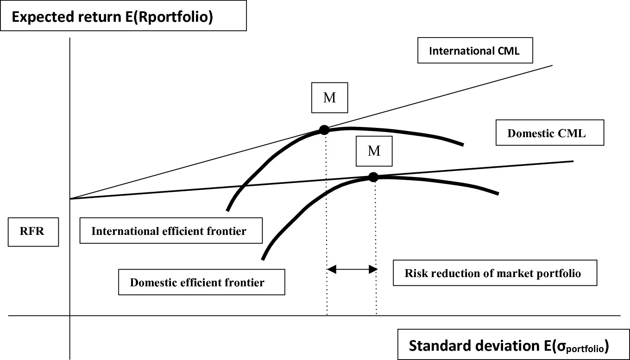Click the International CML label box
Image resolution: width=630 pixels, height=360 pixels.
[x=474, y=51]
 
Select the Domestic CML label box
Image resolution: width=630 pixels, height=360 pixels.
[x=549, y=133]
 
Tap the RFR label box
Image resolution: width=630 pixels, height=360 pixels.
[x=33, y=230]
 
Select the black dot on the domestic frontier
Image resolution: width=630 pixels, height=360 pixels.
[x=373, y=177]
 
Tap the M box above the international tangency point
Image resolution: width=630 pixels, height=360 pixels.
[x=330, y=99]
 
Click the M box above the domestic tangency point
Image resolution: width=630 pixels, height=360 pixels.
[x=374, y=151]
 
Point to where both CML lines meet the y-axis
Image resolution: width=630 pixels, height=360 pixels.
[x=70, y=199]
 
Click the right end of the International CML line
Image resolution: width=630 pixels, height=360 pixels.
[x=552, y=65]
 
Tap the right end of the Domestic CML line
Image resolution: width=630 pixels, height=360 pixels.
[x=573, y=161]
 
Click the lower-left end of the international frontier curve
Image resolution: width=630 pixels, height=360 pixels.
[x=227, y=210]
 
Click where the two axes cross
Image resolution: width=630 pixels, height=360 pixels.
[x=69, y=316]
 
